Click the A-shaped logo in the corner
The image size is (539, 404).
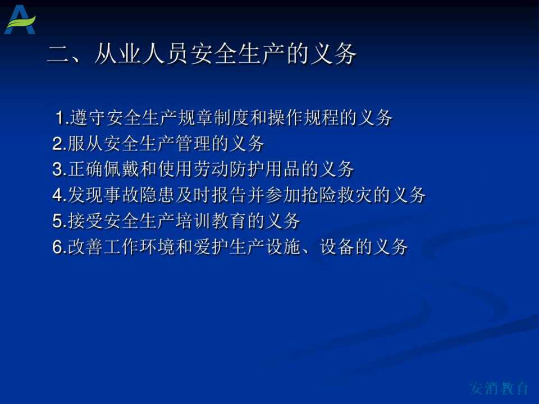pyautogui.click(x=20, y=20)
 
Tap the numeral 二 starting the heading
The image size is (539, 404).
pyautogui.click(x=58, y=54)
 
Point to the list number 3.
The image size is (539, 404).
pyautogui.click(x=57, y=169)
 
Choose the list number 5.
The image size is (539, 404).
pyautogui.click(x=57, y=221)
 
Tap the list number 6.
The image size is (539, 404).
pyautogui.click(x=57, y=247)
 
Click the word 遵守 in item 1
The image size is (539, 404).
pyautogui.click(x=88, y=117)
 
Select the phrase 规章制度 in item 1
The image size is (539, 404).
pyautogui.click(x=213, y=117)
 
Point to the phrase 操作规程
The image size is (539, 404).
pyautogui.click(x=303, y=117)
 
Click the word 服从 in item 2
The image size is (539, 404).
pyautogui.click(x=85, y=143)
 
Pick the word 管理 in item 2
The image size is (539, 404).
pyautogui.click(x=193, y=143)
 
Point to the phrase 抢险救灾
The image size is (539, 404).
pyautogui.click(x=336, y=195)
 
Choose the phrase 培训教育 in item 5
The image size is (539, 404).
pyautogui.click(x=211, y=221)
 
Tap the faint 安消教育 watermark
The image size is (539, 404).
pyautogui.click(x=499, y=388)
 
